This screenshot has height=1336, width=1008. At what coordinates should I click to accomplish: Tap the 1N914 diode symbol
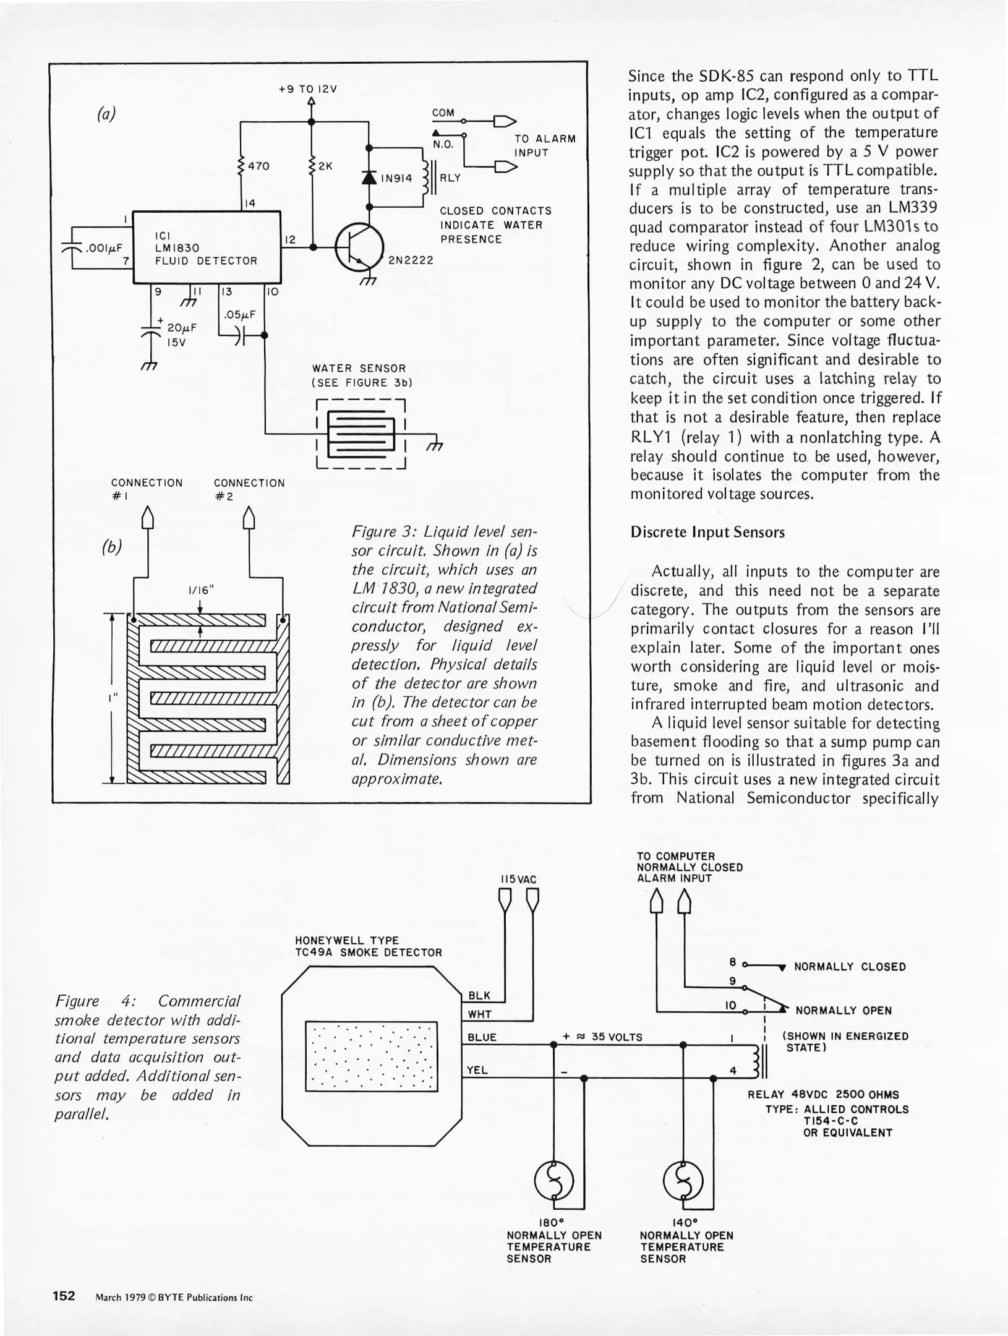point(369,178)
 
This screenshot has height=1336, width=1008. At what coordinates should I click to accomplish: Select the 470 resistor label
point(258,166)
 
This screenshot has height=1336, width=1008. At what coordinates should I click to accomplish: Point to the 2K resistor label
point(326,166)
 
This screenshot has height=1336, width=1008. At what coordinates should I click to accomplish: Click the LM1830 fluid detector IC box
point(207,247)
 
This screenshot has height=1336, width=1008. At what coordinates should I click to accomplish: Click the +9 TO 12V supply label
point(308,89)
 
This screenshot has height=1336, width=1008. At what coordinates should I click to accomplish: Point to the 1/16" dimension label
point(200,590)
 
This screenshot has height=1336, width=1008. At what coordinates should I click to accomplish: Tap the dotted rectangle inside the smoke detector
point(372,1056)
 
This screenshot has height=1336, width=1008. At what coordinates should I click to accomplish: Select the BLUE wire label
point(482,1037)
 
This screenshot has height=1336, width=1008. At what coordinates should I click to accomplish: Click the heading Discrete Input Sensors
point(707,532)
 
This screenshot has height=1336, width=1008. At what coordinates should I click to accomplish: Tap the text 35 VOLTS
point(617,1037)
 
